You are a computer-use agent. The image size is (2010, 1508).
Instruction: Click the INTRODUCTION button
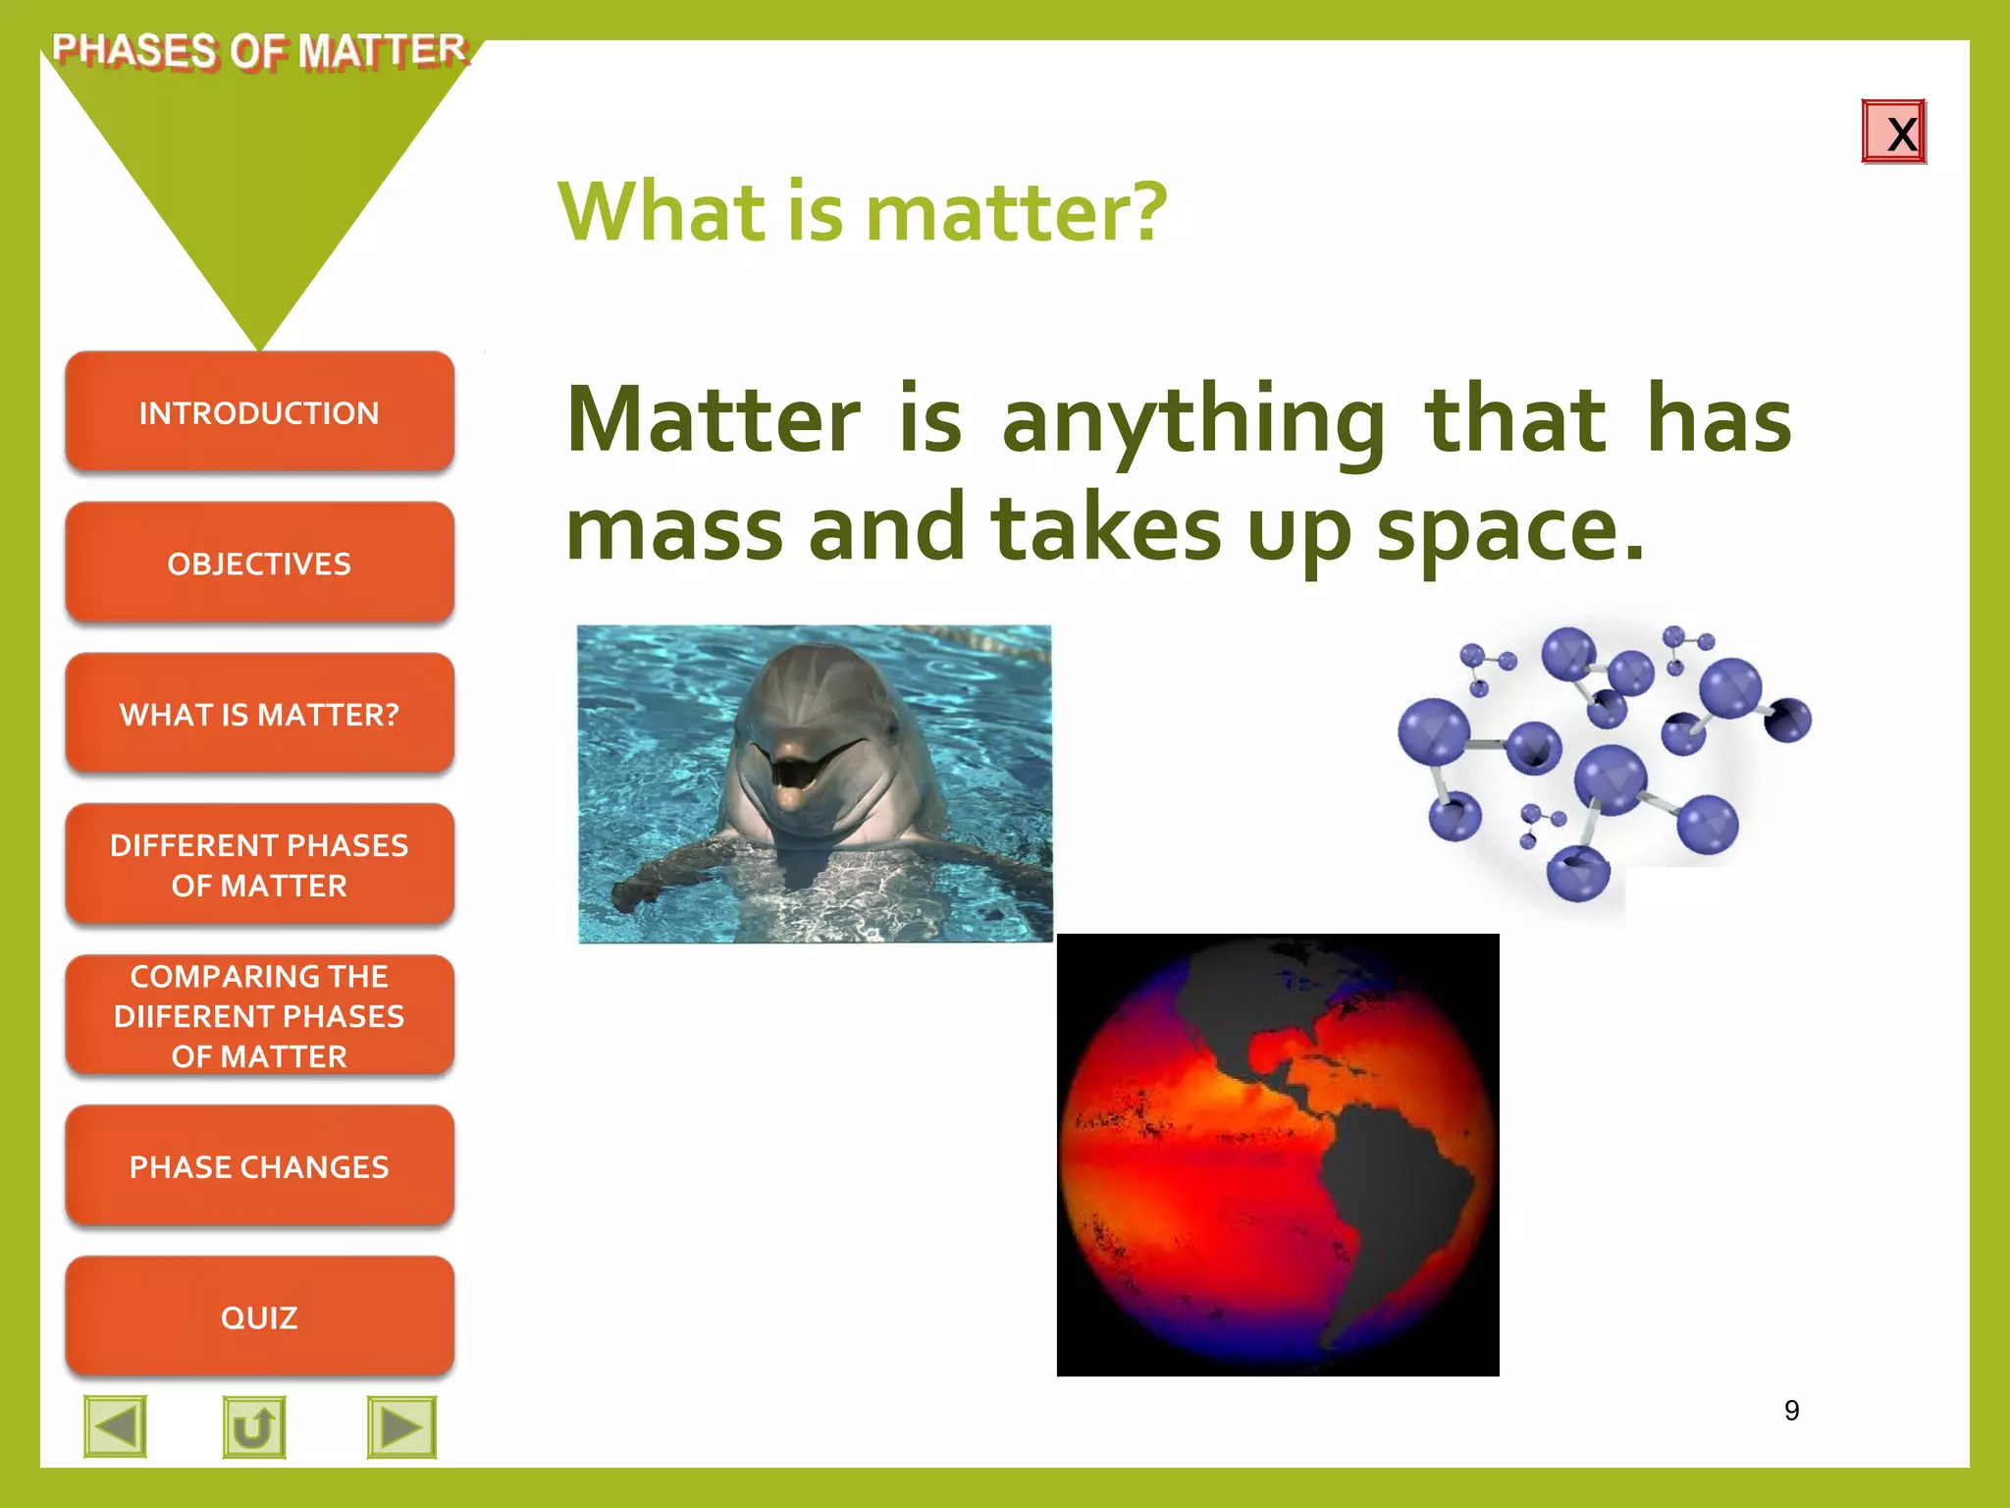tap(259, 412)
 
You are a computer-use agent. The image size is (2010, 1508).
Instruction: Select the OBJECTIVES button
tap(259, 564)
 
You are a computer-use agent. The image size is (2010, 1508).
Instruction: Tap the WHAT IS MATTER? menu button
tap(259, 714)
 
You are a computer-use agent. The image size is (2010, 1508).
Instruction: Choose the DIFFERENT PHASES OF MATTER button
tap(259, 865)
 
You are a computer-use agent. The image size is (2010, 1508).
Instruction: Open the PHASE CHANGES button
tap(259, 1166)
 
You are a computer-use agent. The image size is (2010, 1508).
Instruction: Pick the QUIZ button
tap(259, 1317)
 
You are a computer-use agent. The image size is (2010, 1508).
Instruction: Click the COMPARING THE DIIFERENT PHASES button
tap(259, 1015)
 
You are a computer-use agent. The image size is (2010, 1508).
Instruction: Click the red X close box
tap(1893, 133)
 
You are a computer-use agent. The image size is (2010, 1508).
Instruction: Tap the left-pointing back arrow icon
tap(116, 1427)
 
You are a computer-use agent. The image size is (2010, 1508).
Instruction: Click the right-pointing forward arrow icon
tap(401, 1427)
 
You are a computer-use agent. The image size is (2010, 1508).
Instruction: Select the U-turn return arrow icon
tap(254, 1427)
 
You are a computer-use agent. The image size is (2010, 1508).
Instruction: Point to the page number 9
tap(1791, 1411)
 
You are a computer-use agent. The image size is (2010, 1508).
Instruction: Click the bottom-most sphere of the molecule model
tap(1578, 872)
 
